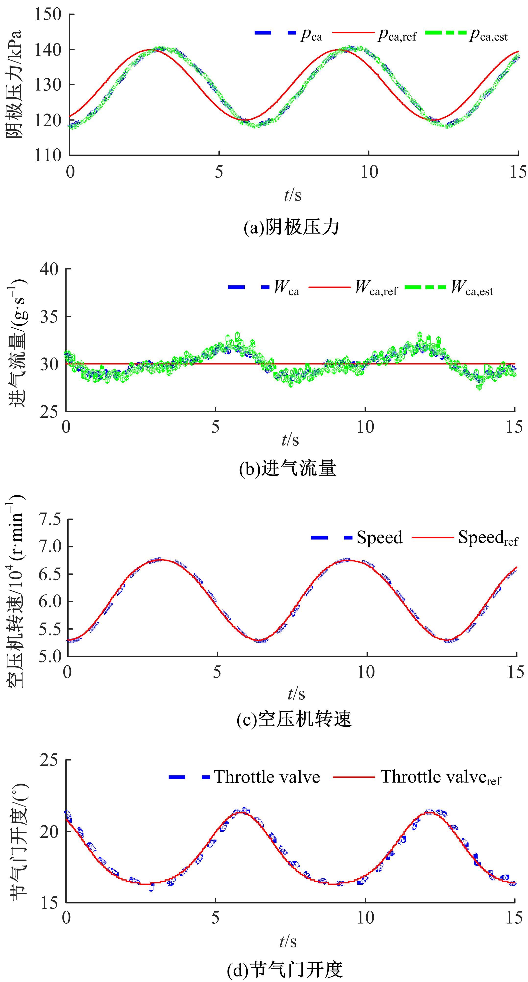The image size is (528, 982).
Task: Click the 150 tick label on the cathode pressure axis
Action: pos(48,14)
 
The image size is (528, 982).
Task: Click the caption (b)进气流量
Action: pos(288,468)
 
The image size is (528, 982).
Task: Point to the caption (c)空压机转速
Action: pos(294,719)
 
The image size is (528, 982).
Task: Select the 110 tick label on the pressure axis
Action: pos(48,155)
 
